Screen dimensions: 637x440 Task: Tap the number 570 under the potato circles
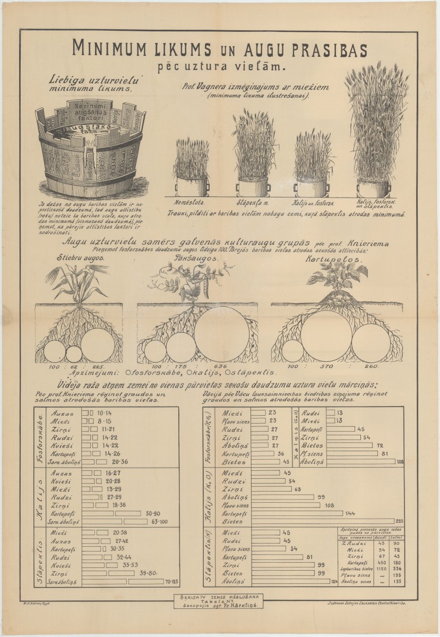click(x=327, y=366)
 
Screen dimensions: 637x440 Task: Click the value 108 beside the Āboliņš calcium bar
click(x=400, y=462)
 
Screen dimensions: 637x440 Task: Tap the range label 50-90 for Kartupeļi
click(x=153, y=514)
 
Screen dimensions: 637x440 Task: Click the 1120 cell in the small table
click(x=381, y=567)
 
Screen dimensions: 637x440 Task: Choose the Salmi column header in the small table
click(x=395, y=538)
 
